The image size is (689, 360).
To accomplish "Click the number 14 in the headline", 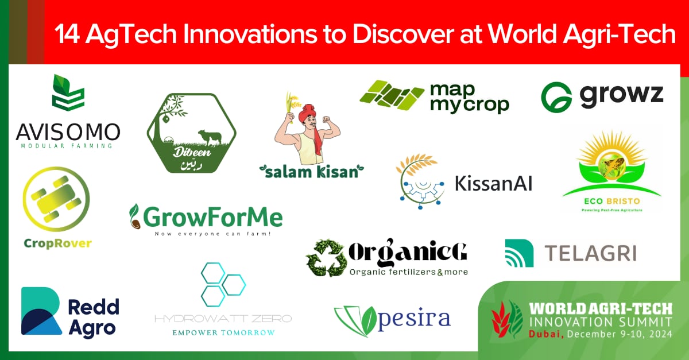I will coord(67,34).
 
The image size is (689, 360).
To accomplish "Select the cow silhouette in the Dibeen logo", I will coord(210,137).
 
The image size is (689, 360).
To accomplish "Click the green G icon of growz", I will coord(556,96).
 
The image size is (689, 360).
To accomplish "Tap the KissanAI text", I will coord(493,183).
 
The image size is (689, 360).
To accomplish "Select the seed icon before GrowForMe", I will coord(136,217).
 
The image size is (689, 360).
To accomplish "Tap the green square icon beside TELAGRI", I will coord(519,253).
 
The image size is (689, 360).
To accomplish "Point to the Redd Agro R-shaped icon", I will coord(41,311).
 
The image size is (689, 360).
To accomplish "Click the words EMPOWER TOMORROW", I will coord(223,332).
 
